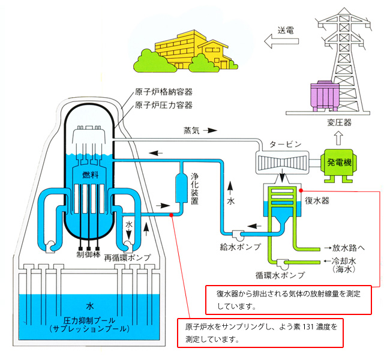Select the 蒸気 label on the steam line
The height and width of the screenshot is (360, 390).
[193, 130]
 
